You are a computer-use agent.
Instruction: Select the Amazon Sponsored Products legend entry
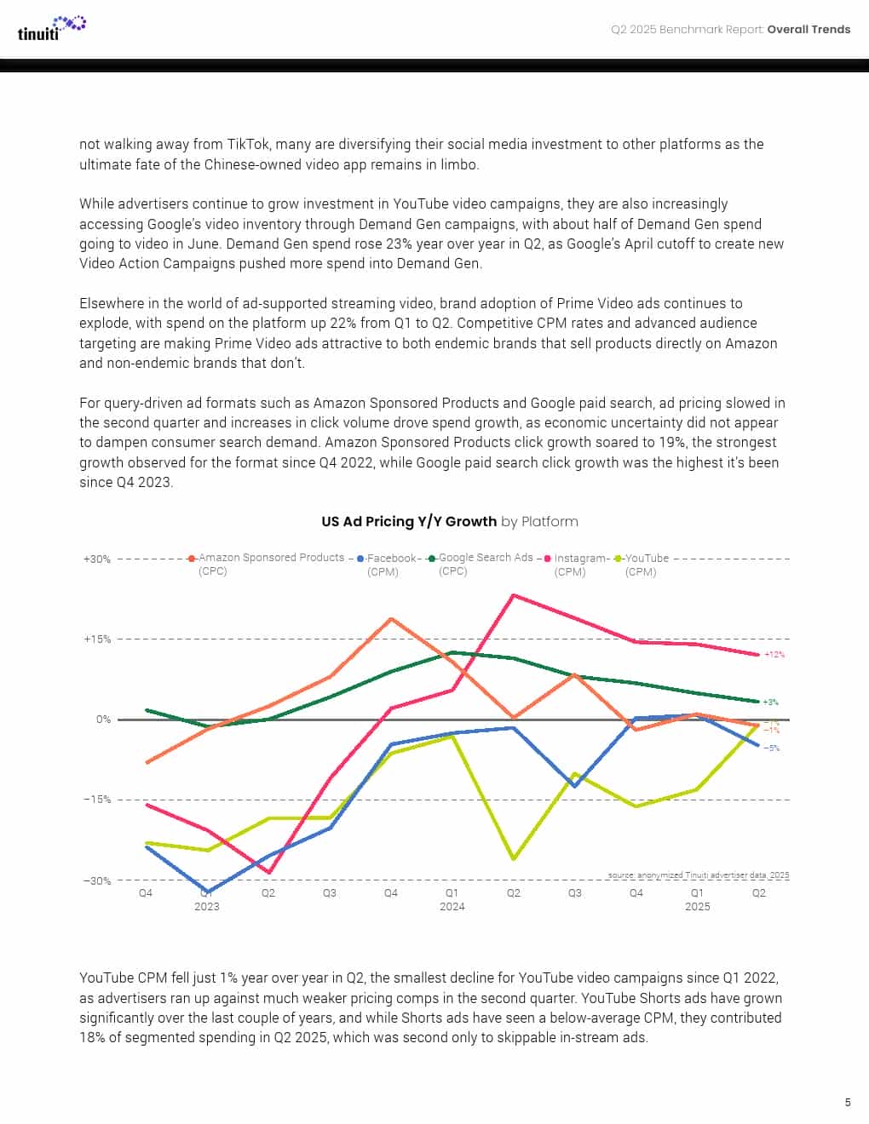[x=270, y=558]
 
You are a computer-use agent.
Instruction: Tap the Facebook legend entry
[x=391, y=559]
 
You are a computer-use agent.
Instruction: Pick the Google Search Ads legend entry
[x=485, y=558]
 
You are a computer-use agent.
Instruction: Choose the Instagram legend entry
[x=580, y=559]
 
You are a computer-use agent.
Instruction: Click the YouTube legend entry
[x=646, y=559]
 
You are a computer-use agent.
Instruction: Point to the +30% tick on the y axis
[x=97, y=559]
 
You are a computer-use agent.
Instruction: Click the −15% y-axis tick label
[x=97, y=800]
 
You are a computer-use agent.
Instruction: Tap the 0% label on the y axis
[x=103, y=720]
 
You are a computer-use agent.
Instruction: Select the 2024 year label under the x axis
[x=452, y=907]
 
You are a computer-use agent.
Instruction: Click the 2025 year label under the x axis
[x=697, y=907]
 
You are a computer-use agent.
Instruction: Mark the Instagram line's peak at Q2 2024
[x=513, y=594]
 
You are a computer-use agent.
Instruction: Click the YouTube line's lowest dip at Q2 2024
[x=513, y=859]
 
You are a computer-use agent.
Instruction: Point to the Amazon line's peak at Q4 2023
[x=391, y=619]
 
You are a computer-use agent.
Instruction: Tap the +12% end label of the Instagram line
[x=774, y=655]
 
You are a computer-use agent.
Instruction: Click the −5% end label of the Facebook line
[x=771, y=748]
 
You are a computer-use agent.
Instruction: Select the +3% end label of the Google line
[x=770, y=702]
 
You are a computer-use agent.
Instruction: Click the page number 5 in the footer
[x=847, y=1103]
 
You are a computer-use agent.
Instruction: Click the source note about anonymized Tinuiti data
[x=699, y=875]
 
